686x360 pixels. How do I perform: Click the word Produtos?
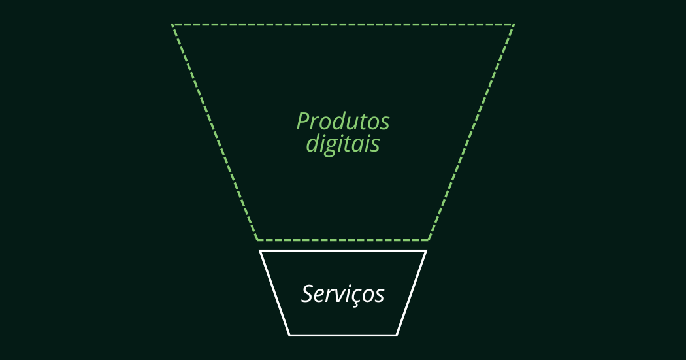342,122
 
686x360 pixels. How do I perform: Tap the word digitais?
342,144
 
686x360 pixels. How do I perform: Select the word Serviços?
342,294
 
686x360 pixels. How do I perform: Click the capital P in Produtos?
302,122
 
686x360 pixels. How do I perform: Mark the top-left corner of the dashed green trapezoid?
172,25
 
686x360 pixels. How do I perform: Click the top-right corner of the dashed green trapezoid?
514,25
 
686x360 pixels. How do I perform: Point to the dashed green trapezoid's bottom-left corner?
257,240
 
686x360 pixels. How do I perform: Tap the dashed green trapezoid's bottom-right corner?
429,240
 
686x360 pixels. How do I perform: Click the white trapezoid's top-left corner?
260,251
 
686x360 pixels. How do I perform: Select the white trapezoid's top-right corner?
426,251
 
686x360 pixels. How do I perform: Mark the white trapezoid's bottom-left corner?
289,335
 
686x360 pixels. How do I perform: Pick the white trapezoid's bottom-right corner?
397,335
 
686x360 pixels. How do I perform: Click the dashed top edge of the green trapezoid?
343,25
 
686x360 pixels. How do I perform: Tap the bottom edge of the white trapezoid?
343,335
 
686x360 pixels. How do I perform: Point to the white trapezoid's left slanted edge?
274,293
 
